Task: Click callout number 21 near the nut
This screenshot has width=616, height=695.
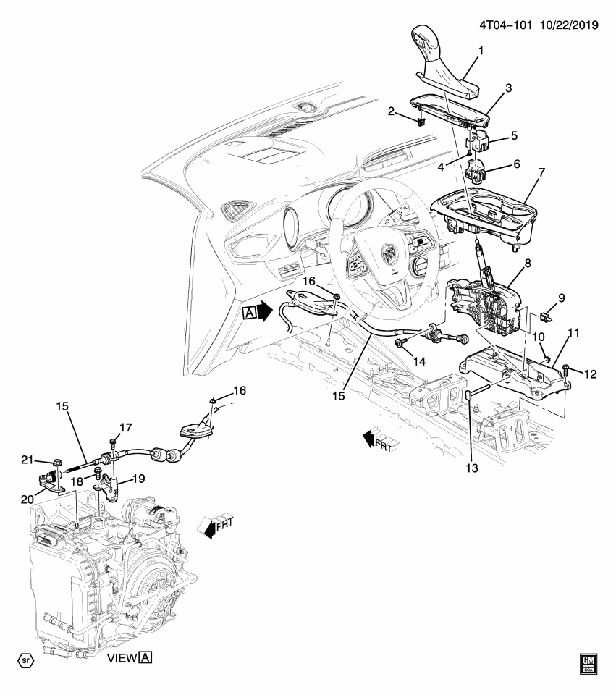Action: click(x=27, y=460)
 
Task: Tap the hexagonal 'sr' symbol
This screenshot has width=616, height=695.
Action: click(x=26, y=660)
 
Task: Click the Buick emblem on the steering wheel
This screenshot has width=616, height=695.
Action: click(x=389, y=254)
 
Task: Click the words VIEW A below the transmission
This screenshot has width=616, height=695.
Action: click(x=129, y=658)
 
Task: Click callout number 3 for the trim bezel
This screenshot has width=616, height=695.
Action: click(x=508, y=88)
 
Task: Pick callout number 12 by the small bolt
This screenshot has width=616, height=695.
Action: click(x=591, y=374)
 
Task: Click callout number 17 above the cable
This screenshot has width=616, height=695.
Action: click(x=125, y=428)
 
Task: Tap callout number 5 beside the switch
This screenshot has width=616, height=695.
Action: click(x=514, y=135)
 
